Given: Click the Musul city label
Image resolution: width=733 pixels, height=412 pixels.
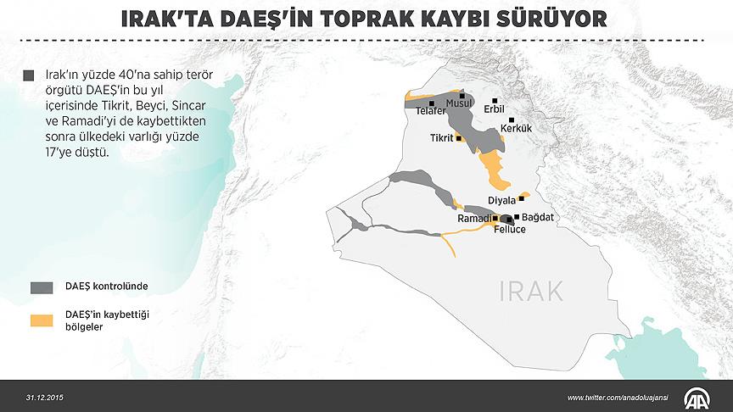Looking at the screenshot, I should (459, 103).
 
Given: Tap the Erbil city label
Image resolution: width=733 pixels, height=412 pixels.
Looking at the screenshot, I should (494, 109).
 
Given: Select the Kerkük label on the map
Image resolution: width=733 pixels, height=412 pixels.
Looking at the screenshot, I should (516, 128).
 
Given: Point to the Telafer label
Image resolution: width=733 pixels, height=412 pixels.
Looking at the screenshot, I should (431, 111).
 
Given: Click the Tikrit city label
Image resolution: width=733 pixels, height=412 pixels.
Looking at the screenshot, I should (441, 137).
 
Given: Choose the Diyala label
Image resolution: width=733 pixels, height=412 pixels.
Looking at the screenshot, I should (502, 200).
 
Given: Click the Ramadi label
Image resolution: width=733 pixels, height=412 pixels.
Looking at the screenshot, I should (474, 219).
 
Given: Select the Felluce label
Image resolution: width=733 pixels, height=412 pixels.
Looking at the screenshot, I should (510, 230).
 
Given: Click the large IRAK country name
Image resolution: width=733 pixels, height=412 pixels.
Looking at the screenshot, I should (531, 292).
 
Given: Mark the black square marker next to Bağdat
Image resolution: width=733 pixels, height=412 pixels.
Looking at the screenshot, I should (517, 217).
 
